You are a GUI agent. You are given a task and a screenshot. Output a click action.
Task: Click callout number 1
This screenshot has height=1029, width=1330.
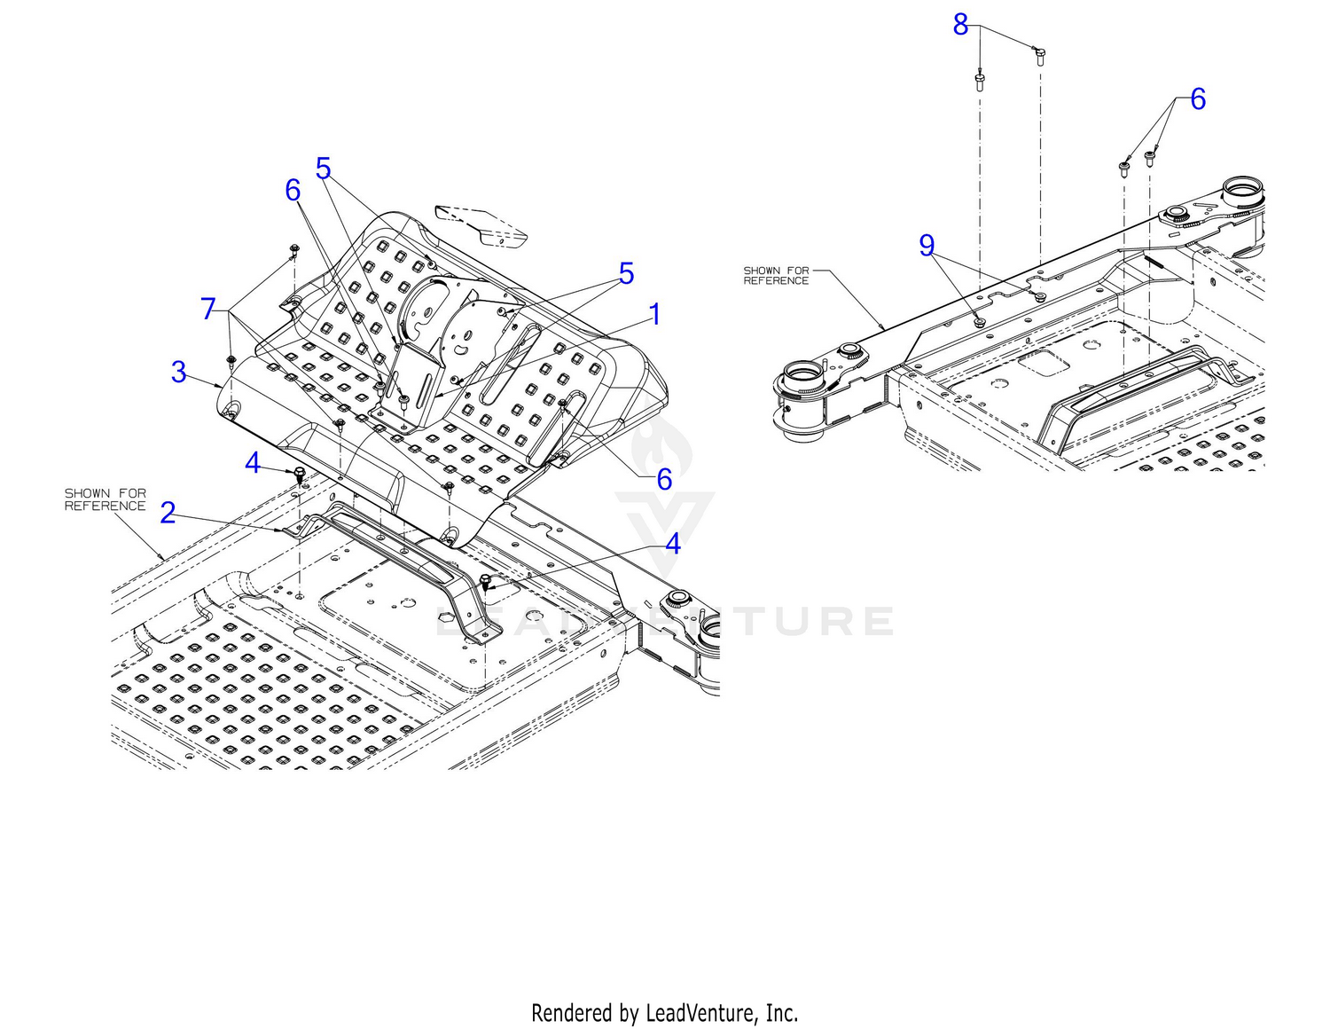coord(654,314)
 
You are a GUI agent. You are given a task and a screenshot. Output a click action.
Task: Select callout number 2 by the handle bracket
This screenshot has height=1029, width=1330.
coord(168,513)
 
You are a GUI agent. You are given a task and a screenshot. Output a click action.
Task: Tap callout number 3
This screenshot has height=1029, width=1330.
coord(178,371)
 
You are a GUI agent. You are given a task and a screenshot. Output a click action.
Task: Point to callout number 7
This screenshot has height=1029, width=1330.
coord(208,308)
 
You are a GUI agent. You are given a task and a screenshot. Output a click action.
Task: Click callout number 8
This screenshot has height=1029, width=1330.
coord(960,25)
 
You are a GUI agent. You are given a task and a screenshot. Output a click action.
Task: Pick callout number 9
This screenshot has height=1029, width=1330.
coord(927,245)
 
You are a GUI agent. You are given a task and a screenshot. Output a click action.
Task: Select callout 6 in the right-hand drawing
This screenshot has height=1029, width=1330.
coord(1197,98)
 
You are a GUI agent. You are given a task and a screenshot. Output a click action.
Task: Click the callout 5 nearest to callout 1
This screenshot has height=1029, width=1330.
coord(626,273)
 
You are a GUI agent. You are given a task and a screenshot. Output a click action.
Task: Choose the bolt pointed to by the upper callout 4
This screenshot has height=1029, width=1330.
coord(300,471)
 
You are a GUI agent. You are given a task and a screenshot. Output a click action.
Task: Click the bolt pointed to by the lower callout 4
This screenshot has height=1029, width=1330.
coord(486,582)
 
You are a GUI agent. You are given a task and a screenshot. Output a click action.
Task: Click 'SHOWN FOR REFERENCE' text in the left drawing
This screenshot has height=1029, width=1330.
coord(105,499)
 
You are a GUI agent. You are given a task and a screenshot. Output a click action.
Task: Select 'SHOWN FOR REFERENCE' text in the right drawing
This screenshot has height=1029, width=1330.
coord(776,275)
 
